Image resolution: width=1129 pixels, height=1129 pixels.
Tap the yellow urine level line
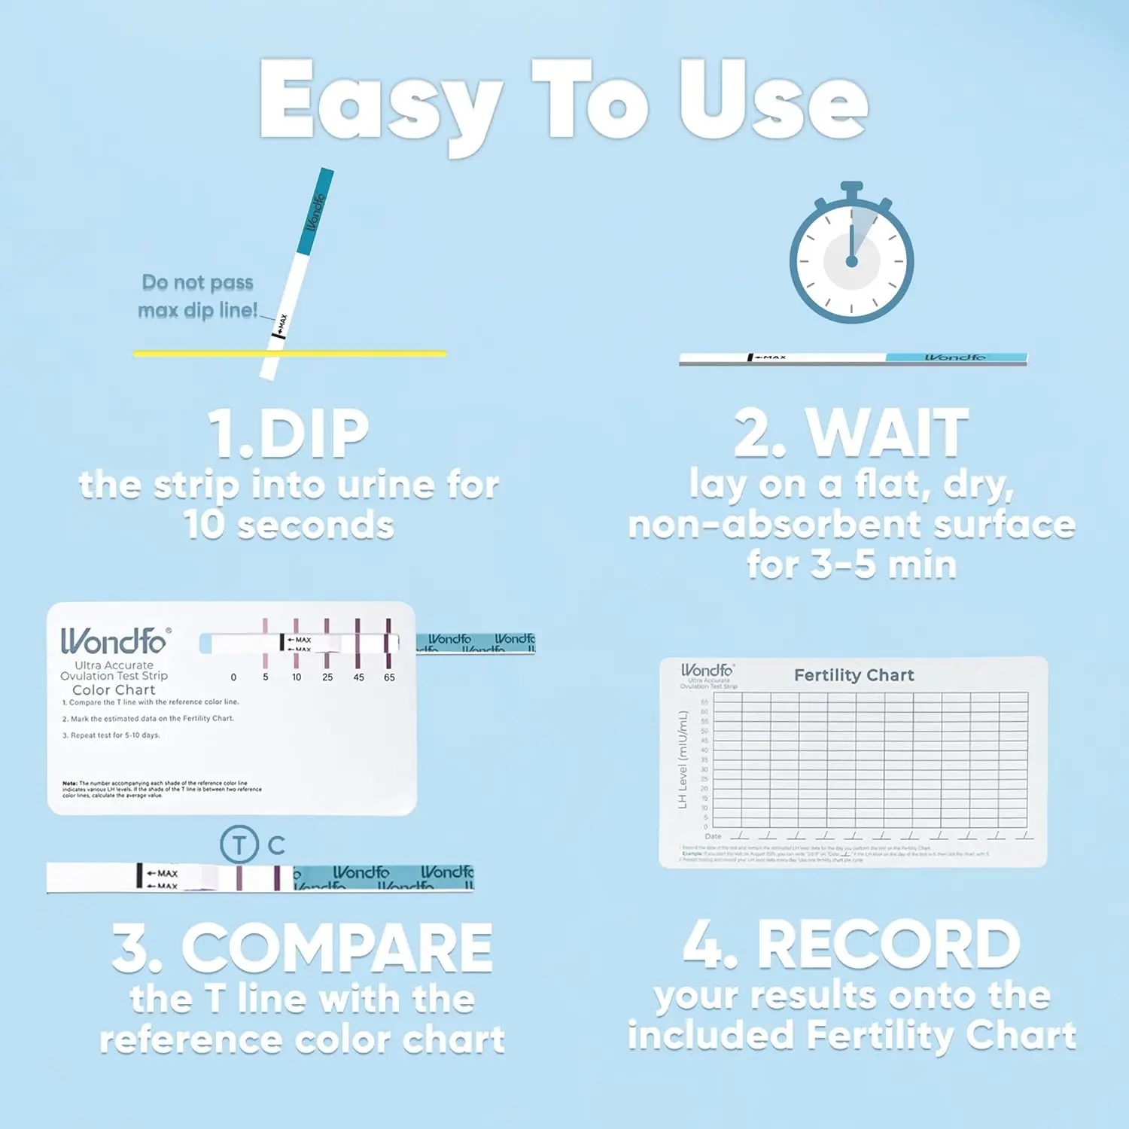coord(361,352)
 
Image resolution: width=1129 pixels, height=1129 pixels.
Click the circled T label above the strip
coord(239,844)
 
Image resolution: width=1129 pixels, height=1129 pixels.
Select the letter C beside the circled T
coord(276,845)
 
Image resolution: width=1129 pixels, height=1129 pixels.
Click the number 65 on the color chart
coord(389,677)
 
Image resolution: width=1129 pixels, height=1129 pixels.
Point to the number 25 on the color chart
coord(327,677)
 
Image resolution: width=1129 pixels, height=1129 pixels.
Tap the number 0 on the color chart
coord(233,677)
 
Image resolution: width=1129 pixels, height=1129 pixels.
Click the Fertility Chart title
coord(854,675)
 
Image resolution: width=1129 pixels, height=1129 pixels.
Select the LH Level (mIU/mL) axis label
coord(683,760)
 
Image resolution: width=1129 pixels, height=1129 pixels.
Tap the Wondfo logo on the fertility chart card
coord(707,670)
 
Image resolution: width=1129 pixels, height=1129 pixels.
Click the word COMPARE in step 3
coord(336,948)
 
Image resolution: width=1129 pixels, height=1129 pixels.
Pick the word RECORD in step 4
coord(888,945)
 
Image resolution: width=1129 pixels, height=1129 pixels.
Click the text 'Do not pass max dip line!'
coord(197,296)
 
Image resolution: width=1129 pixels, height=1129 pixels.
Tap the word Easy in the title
coord(380,102)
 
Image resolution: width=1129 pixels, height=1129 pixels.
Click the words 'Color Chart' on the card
coord(114,689)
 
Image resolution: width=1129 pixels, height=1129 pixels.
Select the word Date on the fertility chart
coord(713,836)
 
